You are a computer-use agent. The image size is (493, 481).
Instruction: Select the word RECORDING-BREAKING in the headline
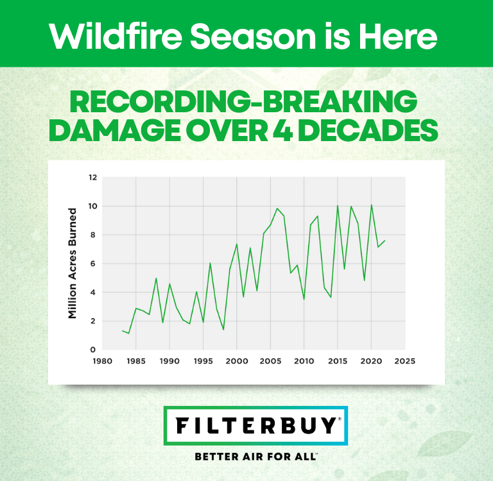(x=243, y=103)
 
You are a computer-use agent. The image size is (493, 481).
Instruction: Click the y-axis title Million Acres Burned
(x=73, y=263)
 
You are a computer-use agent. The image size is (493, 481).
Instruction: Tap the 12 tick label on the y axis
(x=92, y=178)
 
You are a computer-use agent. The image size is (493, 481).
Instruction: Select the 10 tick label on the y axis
(x=92, y=207)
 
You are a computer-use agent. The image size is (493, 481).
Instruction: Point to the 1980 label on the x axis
(x=103, y=361)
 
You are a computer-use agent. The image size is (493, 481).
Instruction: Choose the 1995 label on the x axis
(x=203, y=361)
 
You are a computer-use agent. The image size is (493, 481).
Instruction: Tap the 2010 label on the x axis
(x=304, y=361)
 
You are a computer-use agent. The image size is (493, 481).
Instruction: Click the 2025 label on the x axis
(x=404, y=361)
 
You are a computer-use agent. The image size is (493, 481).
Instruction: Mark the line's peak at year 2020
(x=372, y=205)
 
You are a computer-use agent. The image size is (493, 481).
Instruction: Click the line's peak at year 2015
(x=338, y=206)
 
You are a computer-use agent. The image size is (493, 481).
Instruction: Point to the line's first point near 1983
(x=123, y=331)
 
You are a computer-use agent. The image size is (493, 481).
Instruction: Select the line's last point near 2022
(x=385, y=241)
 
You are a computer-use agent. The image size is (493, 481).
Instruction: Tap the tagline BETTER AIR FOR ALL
(x=255, y=457)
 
